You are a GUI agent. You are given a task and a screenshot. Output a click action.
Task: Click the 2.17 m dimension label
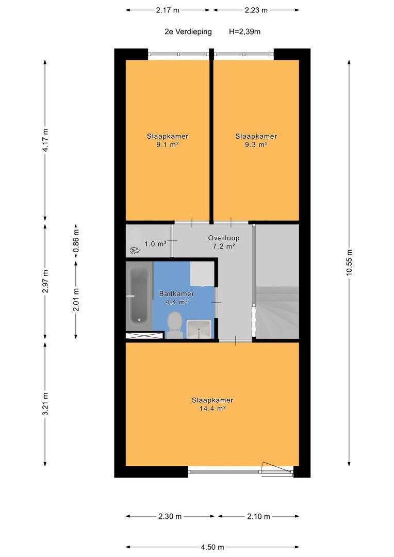click(x=168, y=10)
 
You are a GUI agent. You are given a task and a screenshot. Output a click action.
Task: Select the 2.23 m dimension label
click(x=256, y=10)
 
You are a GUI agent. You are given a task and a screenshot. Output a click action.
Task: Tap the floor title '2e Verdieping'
click(x=188, y=31)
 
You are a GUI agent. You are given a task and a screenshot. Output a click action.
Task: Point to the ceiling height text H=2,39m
click(x=245, y=31)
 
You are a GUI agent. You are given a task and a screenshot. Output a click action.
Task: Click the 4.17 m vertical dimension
click(x=45, y=140)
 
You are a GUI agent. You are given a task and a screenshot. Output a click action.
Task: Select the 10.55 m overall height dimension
click(x=349, y=262)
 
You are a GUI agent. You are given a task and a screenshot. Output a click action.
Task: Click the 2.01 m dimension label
click(x=76, y=300)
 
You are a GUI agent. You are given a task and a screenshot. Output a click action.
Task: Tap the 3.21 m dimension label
click(x=45, y=404)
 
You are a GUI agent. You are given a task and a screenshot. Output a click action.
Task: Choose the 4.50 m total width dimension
click(x=212, y=547)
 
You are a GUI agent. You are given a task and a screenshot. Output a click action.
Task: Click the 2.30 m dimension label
click(x=170, y=516)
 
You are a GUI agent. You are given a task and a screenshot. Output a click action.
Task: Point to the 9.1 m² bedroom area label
click(x=167, y=144)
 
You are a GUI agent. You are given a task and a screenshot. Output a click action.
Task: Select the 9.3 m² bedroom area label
click(x=256, y=144)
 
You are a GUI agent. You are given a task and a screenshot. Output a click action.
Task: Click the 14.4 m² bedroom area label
click(x=212, y=408)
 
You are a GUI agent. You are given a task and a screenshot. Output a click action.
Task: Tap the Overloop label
click(x=224, y=238)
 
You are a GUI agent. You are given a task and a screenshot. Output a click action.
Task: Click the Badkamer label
click(x=176, y=294)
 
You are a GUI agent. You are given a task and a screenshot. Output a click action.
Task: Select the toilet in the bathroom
click(x=175, y=325)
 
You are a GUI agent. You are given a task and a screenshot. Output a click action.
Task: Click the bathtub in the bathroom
click(x=139, y=296)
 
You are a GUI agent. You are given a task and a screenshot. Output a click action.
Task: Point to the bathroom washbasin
click(x=199, y=329)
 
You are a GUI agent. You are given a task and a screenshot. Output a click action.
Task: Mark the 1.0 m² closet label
click(x=155, y=244)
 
